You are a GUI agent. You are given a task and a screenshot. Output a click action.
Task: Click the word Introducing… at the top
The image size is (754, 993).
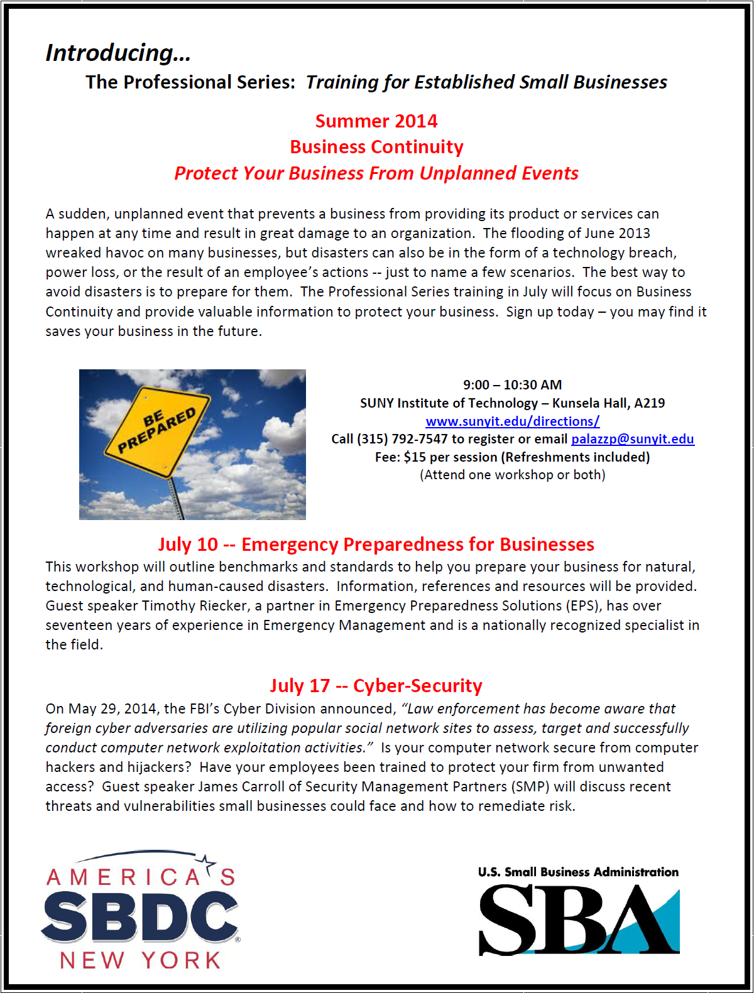pyautogui.click(x=118, y=53)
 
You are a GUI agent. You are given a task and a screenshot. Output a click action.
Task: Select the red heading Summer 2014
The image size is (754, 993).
pyautogui.click(x=376, y=121)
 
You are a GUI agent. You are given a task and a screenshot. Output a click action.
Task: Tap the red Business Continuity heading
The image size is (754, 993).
pyautogui.click(x=376, y=147)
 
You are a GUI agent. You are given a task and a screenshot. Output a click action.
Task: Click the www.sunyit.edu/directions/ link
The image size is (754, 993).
pyautogui.click(x=513, y=421)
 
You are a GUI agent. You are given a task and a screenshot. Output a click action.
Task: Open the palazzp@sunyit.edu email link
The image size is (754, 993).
pyautogui.click(x=632, y=439)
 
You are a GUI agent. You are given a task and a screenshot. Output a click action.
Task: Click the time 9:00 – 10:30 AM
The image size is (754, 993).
pyautogui.click(x=513, y=384)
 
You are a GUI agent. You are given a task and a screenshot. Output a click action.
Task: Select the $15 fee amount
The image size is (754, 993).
pyautogui.click(x=415, y=457)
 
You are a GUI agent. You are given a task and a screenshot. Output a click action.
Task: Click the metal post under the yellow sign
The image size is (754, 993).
pyautogui.click(x=177, y=499)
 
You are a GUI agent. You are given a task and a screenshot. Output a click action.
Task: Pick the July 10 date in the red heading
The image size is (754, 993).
pyautogui.click(x=188, y=545)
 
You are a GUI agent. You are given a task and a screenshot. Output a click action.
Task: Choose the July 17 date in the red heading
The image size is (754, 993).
pyautogui.click(x=300, y=686)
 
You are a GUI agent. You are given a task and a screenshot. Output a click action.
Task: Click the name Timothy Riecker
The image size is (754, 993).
pyautogui.click(x=195, y=605)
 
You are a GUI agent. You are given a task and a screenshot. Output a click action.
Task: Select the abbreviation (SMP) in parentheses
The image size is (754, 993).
pyautogui.click(x=530, y=786)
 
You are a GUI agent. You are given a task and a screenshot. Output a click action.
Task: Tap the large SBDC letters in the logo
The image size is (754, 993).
pyautogui.click(x=139, y=918)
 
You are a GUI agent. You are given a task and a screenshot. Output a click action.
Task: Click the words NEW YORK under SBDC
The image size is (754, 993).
pyautogui.click(x=140, y=960)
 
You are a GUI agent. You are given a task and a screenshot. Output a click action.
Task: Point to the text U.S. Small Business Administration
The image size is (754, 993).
pyautogui.click(x=578, y=872)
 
